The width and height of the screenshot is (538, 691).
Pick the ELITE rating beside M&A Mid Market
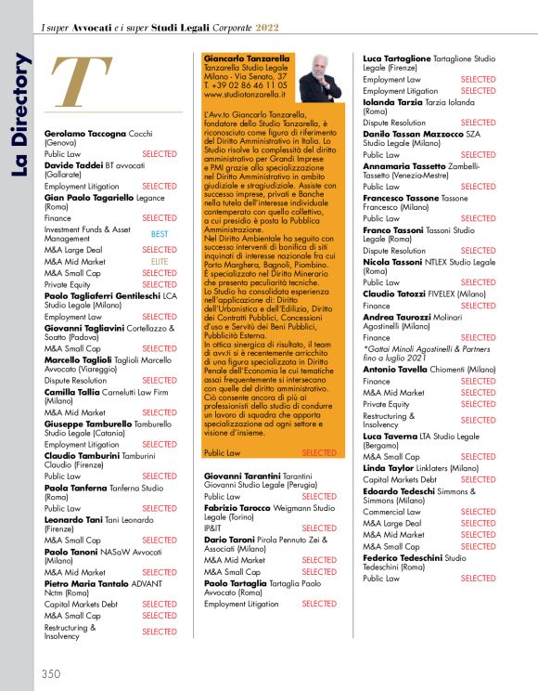(x=159, y=262)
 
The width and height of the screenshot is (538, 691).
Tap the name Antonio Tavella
(x=395, y=369)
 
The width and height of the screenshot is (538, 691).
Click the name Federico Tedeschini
(x=406, y=557)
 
